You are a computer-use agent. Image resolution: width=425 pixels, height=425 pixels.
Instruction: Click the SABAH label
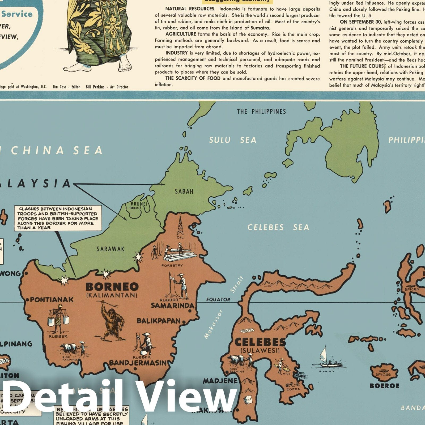pos(184,191)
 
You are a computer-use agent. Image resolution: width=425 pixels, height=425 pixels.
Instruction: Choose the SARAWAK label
pos(110,249)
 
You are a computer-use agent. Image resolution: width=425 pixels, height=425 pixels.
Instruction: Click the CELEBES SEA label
pos(278,227)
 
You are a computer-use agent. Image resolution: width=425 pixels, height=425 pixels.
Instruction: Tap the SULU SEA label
pos(233,140)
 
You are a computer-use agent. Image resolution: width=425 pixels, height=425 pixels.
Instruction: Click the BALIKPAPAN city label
pos(159,321)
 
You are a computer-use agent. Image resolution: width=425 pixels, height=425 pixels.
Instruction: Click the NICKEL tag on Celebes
pos(247,331)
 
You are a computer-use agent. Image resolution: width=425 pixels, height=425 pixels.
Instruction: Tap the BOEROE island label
pos(384,386)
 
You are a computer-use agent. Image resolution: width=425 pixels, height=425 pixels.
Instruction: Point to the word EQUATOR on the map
pos(218,300)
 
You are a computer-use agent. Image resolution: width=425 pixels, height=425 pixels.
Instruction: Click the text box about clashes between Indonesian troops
pos(58,218)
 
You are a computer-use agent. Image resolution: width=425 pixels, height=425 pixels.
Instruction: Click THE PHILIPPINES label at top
pos(261,112)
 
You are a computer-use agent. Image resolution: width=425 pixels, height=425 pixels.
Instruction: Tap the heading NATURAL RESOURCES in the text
pos(190,9)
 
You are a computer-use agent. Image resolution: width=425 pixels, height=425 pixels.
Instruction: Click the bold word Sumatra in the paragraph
pos(260,28)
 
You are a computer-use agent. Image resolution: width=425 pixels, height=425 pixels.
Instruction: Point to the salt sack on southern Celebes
pos(249,399)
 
